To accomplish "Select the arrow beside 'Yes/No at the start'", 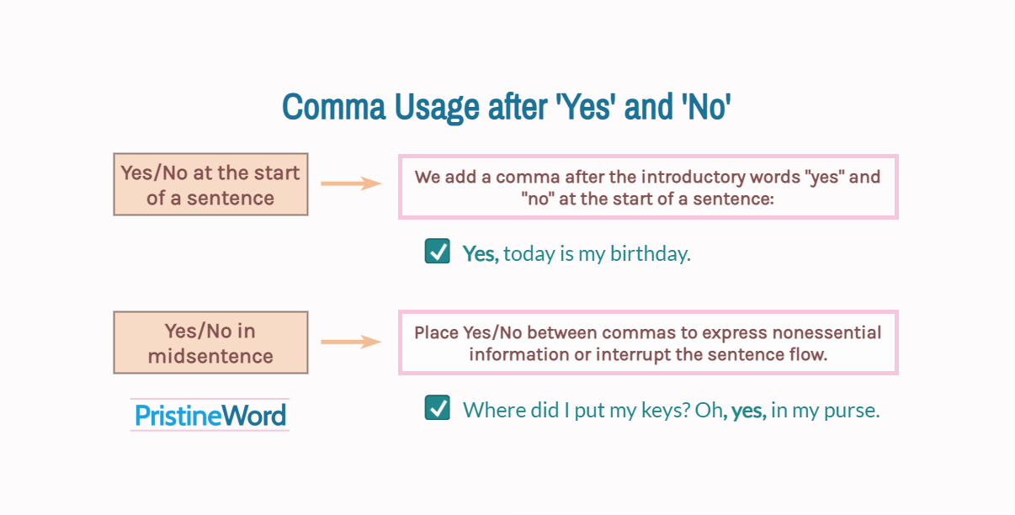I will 351,183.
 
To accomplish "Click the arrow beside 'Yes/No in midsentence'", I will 351,342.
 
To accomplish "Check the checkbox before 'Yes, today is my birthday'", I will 437,252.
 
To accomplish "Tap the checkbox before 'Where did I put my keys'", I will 437,408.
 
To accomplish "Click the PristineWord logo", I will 210,415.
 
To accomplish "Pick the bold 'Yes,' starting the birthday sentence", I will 481,253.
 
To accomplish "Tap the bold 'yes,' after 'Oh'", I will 748,411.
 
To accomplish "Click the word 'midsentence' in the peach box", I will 210,356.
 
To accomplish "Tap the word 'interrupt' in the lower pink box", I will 632,354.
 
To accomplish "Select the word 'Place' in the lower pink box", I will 436,332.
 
